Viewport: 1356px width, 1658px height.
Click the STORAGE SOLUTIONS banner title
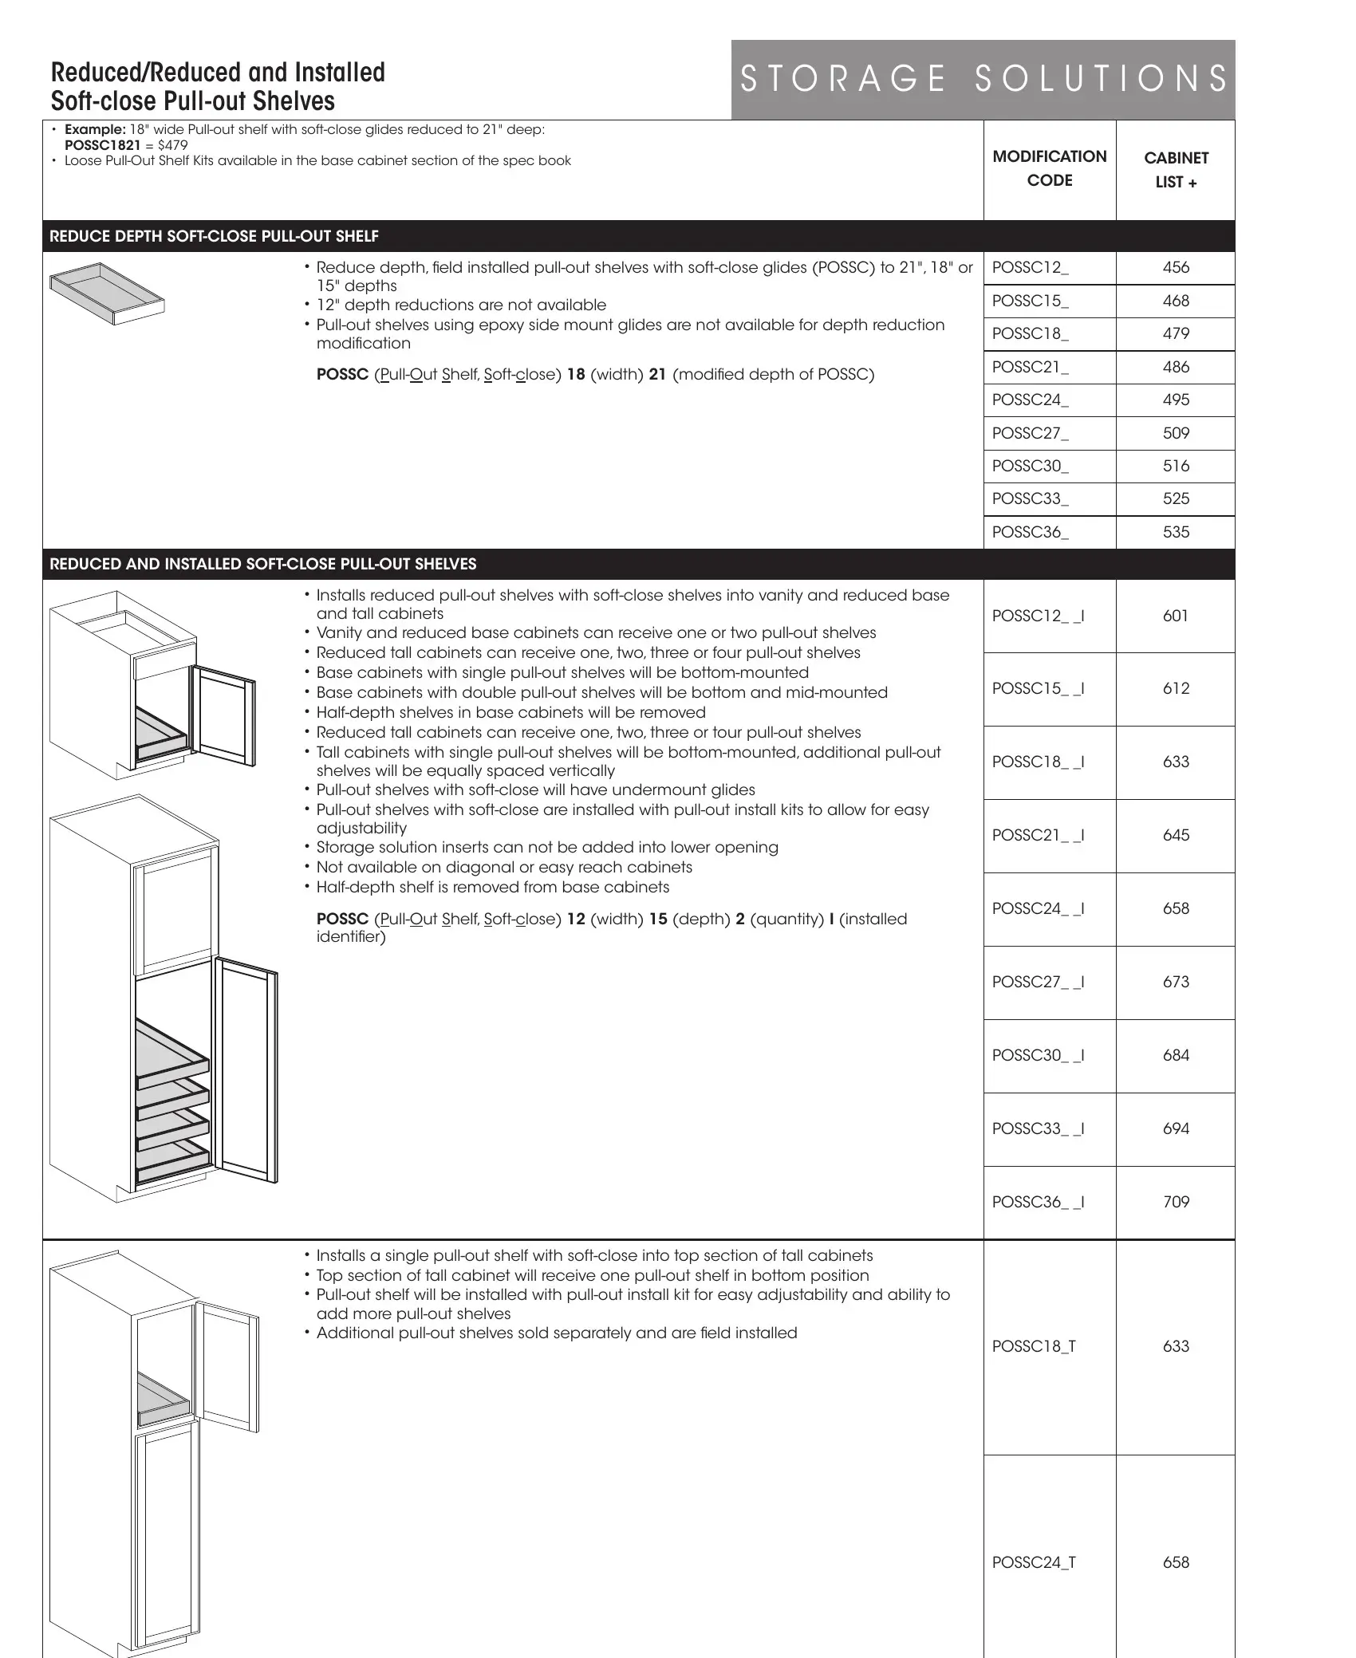(x=983, y=79)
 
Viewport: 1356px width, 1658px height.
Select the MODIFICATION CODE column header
(x=1049, y=168)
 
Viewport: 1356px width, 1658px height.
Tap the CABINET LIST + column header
(x=1176, y=170)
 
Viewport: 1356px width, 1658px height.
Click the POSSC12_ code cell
(x=1030, y=268)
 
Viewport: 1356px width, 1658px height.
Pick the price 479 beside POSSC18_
(x=1176, y=334)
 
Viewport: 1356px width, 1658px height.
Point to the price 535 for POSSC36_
(x=1176, y=532)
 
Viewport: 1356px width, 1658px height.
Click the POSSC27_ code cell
(x=1030, y=433)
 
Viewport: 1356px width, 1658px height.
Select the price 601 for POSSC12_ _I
(x=1176, y=616)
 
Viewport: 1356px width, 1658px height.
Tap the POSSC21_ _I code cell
(x=1038, y=835)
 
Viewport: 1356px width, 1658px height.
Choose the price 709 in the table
(x=1176, y=1202)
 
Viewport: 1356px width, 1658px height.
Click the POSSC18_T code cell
(x=1034, y=1346)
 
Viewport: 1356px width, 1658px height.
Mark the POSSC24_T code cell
(x=1034, y=1562)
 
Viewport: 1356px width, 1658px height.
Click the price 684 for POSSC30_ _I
(x=1176, y=1055)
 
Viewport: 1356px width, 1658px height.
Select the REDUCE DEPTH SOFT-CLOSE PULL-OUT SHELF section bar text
(x=214, y=237)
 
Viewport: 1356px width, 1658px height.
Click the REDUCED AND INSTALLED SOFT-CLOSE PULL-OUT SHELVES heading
(x=262, y=565)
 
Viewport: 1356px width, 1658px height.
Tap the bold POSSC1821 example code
(x=102, y=145)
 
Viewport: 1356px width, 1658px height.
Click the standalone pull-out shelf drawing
(x=107, y=293)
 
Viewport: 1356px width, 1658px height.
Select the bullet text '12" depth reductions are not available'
(x=460, y=305)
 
